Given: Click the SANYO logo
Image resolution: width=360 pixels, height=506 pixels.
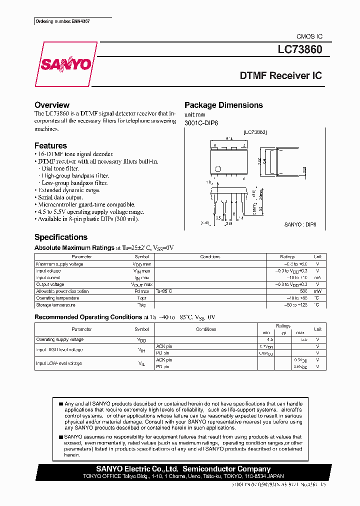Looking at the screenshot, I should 65,64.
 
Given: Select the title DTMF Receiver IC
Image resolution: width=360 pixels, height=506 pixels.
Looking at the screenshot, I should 281,76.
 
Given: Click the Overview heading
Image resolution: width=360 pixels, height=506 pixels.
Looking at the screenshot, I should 51,105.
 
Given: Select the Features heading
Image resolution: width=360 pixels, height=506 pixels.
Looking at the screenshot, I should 50,145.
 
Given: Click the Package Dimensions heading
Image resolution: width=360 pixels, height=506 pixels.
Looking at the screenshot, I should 223,105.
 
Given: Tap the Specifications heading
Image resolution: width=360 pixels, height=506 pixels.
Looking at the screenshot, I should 60,237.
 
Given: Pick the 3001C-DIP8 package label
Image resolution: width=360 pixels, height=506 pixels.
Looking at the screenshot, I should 201,123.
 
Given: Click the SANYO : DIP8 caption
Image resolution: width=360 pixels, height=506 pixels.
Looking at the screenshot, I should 300,225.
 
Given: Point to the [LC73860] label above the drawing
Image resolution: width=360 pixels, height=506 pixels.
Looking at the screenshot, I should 255,132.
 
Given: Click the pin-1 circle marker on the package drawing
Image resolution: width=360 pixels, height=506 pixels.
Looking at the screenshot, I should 217,168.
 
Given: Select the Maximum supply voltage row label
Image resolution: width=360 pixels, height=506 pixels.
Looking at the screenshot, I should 59,263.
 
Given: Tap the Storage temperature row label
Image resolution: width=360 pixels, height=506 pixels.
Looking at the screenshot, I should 55,304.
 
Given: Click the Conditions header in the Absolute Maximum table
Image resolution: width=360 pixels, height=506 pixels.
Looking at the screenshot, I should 210,256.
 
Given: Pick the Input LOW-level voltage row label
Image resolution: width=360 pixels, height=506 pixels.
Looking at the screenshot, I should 58,363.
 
